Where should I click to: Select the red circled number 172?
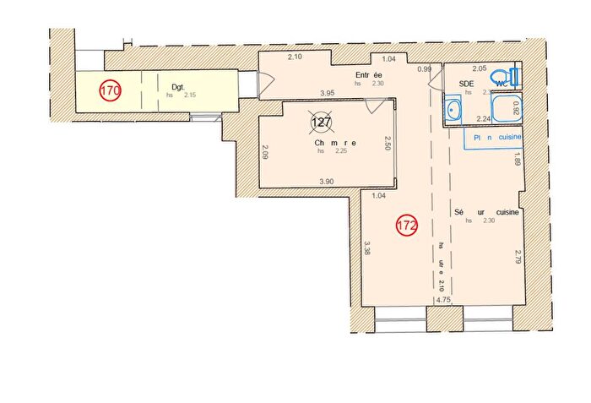[406, 226]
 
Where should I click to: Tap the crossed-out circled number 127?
[321, 123]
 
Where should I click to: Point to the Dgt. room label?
[178, 86]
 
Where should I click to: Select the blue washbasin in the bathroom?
[453, 110]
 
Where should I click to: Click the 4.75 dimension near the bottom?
[444, 300]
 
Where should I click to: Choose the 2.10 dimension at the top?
[295, 57]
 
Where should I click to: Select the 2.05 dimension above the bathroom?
[480, 68]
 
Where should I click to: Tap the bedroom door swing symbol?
[377, 108]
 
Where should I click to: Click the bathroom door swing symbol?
[436, 79]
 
